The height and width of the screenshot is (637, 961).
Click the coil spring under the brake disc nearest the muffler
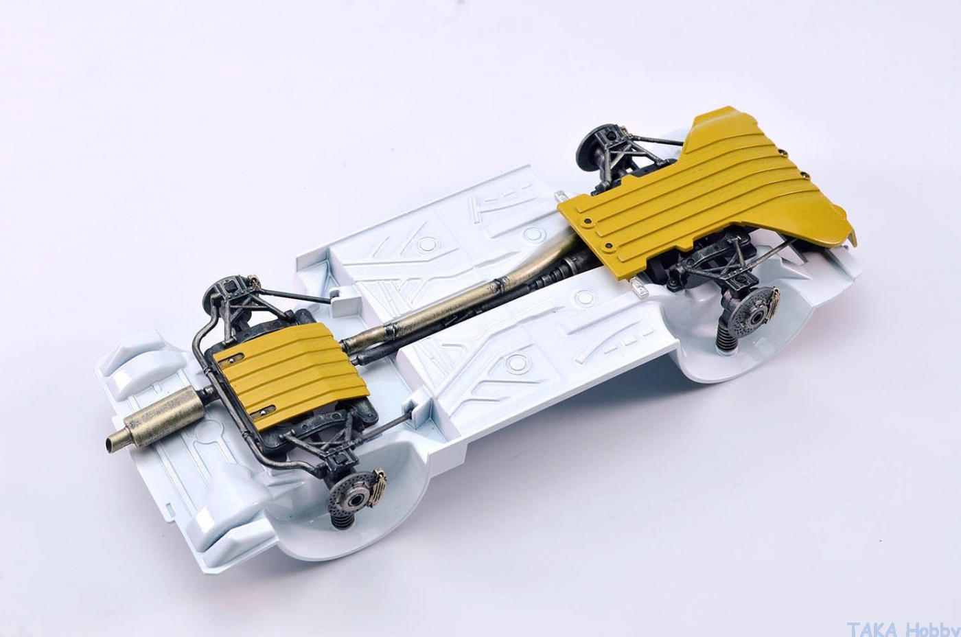tap(343, 522)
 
